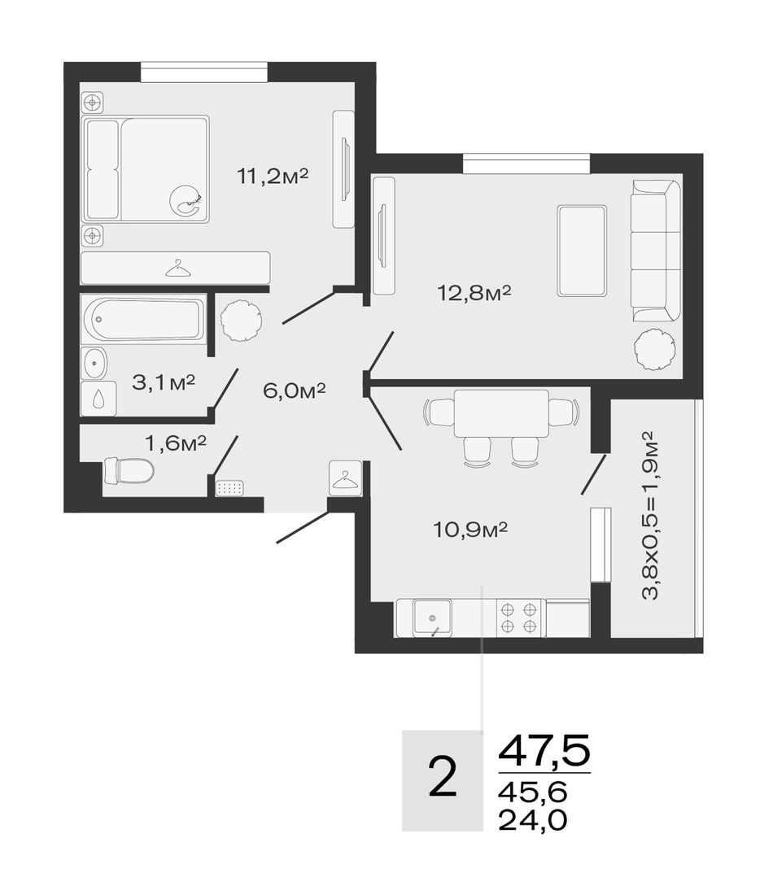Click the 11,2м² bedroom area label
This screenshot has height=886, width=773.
pos(273,177)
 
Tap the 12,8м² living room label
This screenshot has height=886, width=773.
pos(474,293)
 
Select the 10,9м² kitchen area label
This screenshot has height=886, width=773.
pos(470,530)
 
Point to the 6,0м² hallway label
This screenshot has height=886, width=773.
pos(295,390)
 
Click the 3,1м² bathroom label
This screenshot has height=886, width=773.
pos(164,382)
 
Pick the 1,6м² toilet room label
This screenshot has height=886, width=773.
pos(176,443)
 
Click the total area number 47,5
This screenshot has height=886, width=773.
pos(544,750)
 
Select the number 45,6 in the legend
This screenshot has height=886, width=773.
pos(532,792)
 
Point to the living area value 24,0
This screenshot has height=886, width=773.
pos(532,819)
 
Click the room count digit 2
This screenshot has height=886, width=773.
pos(443,777)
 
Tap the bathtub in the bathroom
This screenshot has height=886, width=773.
pos(144,319)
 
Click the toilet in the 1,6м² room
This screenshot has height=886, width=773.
pos(129,471)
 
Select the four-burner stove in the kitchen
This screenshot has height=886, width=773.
pos(519,618)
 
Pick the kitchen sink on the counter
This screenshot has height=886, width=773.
pos(432,618)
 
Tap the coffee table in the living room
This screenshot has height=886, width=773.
pos(582,251)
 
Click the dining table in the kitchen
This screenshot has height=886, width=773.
pos(501,413)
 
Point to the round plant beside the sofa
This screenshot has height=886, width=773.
pos(654,351)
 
